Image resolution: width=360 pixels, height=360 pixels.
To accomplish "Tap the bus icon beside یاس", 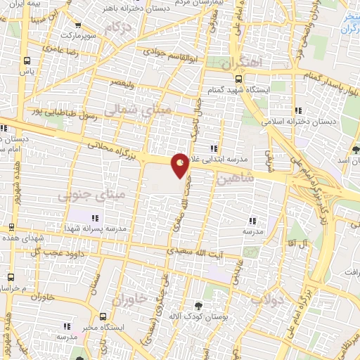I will pos(27,60).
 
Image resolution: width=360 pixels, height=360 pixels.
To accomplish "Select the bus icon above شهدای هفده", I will pos(11,227).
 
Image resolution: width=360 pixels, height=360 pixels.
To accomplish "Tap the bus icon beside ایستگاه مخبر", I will pos(103,317).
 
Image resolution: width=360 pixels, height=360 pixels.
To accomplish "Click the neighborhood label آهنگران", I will pos(239,62).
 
